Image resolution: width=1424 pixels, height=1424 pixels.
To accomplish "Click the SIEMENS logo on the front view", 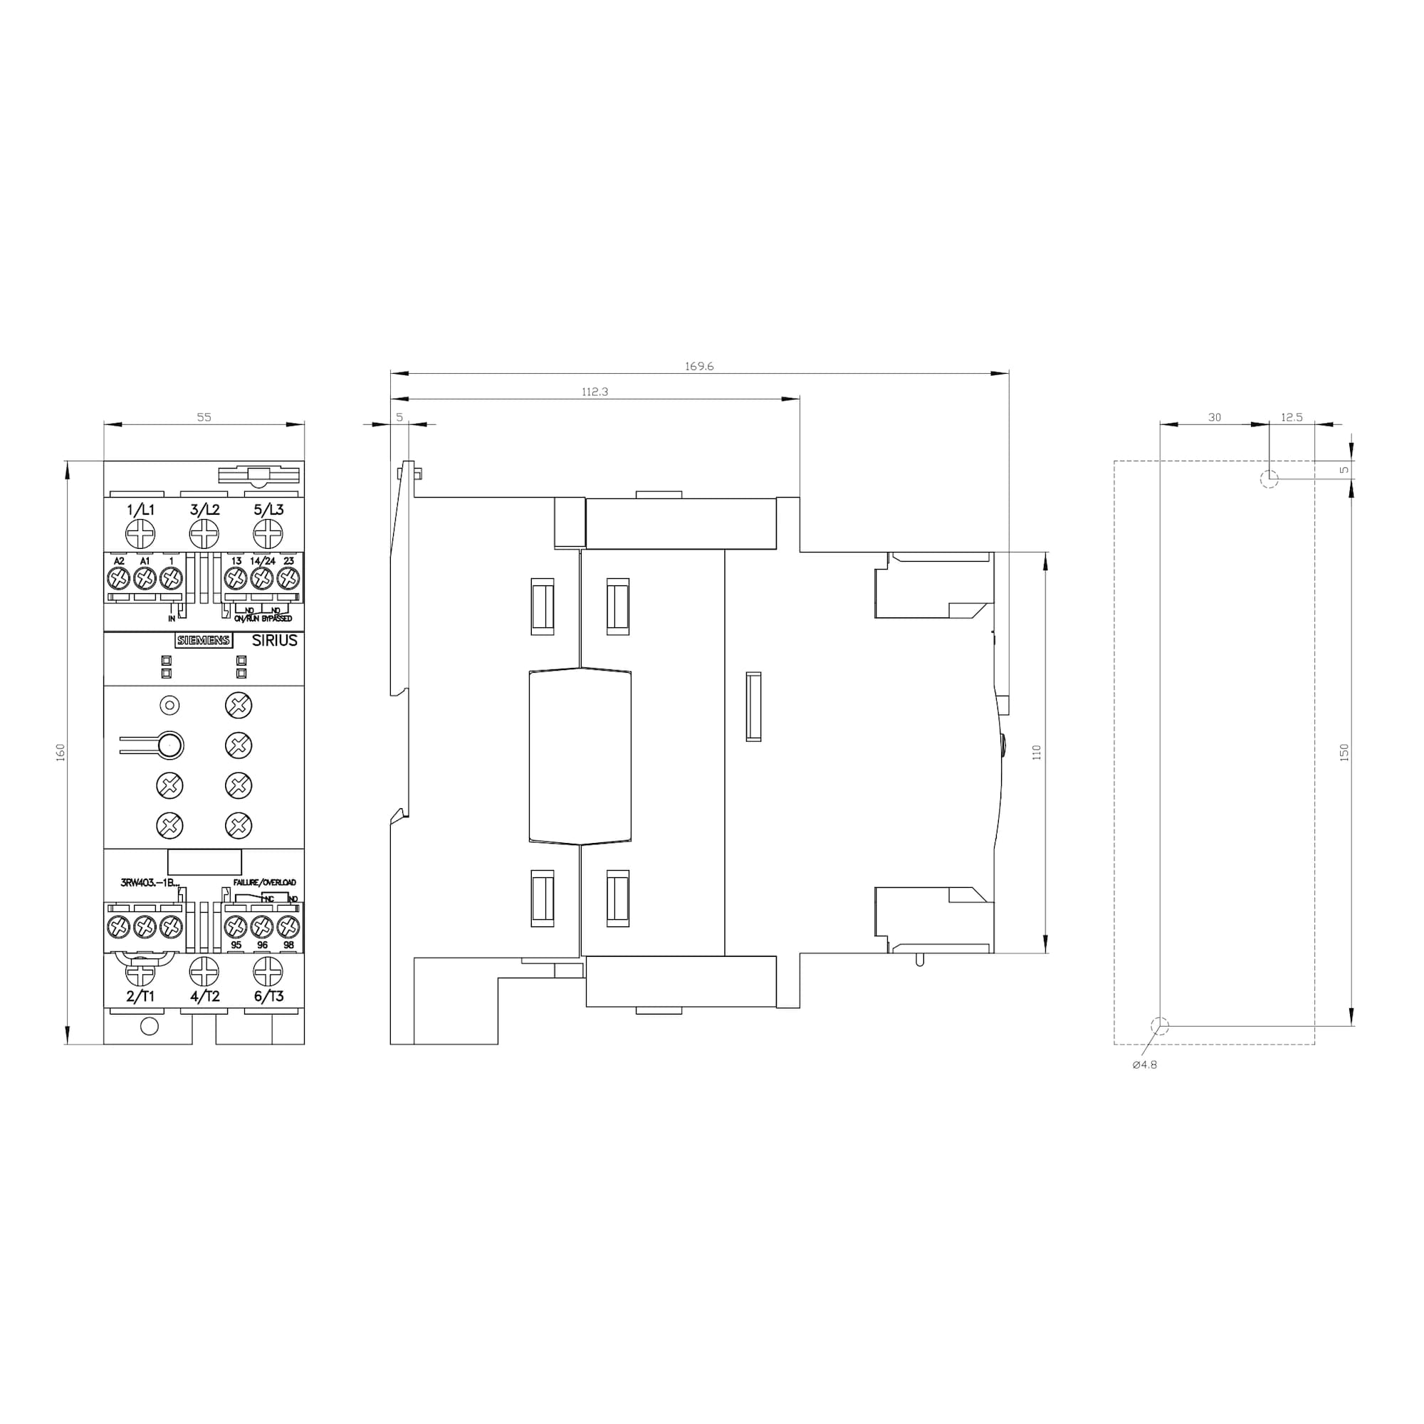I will [204, 641].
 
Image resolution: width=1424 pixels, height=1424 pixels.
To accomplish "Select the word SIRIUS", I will [274, 641].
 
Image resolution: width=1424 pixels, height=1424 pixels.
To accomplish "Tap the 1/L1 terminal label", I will [141, 509].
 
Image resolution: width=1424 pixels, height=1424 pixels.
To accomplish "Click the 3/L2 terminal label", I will [204, 509].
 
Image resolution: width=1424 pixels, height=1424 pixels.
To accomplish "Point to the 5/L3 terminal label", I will [268, 509].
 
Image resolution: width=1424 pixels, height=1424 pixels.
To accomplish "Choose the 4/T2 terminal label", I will [204, 997].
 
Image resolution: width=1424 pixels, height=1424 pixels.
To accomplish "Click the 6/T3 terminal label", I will [268, 997].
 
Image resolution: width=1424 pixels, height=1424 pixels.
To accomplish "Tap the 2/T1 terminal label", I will [140, 997].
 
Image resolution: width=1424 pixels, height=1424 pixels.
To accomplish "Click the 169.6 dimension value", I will [698, 366].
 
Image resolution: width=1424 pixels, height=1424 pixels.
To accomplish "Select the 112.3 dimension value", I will [595, 392].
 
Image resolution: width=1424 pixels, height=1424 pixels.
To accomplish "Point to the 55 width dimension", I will [204, 417].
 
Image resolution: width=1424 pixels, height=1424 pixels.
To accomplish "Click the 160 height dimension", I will [61, 753].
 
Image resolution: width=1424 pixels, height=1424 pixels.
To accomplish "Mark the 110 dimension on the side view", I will [1036, 753].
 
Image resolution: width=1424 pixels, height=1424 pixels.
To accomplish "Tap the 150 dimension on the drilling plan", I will [1344, 753].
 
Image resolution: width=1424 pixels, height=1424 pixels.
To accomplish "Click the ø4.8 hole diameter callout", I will [1145, 1065].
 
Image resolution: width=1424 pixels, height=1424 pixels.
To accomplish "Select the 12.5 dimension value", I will [1292, 417].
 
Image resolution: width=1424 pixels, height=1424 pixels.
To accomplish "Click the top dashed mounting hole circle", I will [1269, 479].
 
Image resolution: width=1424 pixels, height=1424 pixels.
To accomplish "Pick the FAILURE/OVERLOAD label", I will [265, 882].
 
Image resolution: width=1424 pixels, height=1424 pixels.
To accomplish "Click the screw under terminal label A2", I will [119, 580].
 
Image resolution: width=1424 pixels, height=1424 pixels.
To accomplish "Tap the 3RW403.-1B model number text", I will [150, 882].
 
